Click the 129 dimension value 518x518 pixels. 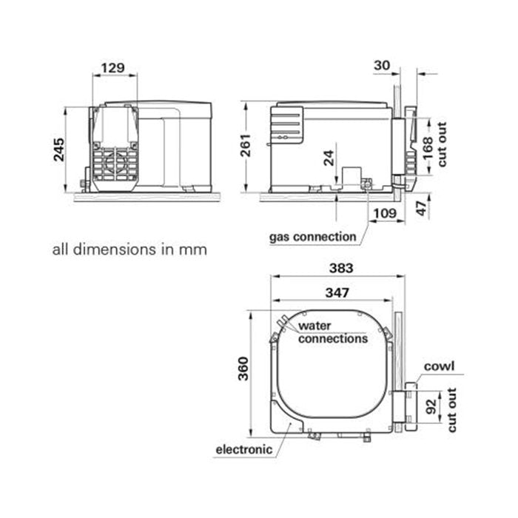(x=112, y=67)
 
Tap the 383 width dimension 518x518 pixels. (x=340, y=267)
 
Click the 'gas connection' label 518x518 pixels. (x=312, y=238)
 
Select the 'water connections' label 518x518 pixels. (x=332, y=332)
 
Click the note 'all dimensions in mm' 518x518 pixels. (x=129, y=249)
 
